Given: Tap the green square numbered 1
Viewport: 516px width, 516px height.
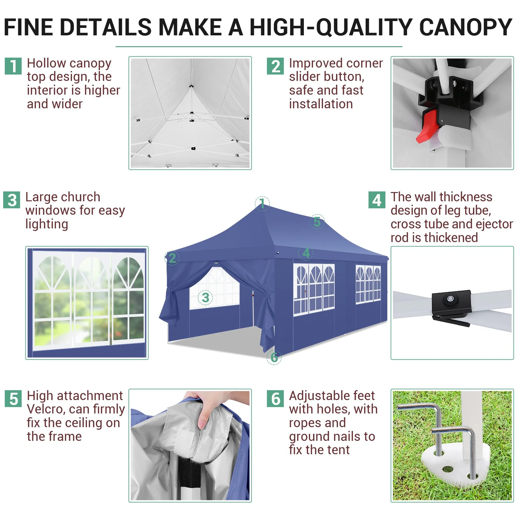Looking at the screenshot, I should coord(13,66).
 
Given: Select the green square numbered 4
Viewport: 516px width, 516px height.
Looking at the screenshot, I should coord(377,200).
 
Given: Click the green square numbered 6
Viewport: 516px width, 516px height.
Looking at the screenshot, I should coord(275,398).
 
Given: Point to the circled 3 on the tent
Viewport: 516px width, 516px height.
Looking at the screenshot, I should coord(205,297).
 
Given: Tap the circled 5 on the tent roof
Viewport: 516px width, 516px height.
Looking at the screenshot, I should coord(317,221).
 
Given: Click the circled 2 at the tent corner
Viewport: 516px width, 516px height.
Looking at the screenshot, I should coord(172,258).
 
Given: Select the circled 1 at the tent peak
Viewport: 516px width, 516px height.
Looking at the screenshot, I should coord(262,203).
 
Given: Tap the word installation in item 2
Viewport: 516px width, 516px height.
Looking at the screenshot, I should coord(321,104).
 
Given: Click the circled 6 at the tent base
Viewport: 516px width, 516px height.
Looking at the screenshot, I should coord(274,357).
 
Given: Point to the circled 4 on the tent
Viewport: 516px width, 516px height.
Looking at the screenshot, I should coord(306,253).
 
